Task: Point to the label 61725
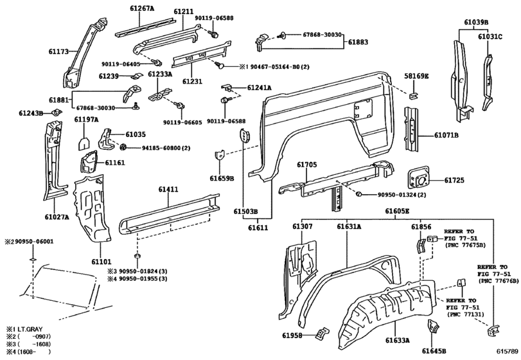tap(455, 181)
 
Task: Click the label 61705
tap(307, 165)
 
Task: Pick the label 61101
tap(102, 262)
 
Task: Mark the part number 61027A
tap(57, 217)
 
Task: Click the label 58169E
tap(416, 76)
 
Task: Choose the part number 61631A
tap(349, 226)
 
